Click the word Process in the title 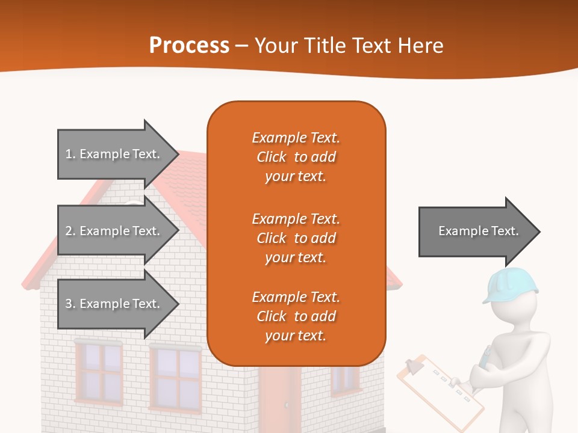pos(189,46)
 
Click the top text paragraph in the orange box pos(296,157)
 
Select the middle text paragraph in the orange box pos(296,238)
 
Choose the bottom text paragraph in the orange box pos(296,316)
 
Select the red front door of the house pos(280,397)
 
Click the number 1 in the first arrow pos(69,154)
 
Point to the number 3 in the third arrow pos(69,304)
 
